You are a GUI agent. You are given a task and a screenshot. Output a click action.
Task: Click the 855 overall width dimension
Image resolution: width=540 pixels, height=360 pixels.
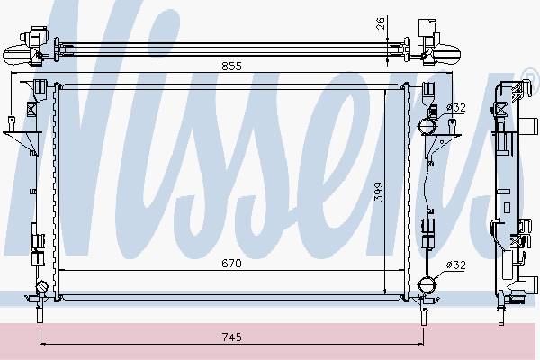point(232,66)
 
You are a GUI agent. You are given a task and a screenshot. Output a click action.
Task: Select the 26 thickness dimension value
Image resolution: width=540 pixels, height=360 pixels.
point(380,23)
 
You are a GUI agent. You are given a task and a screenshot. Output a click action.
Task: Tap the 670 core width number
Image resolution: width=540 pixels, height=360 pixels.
point(231,264)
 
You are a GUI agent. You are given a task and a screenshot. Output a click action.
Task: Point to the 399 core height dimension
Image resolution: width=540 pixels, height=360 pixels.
point(378,193)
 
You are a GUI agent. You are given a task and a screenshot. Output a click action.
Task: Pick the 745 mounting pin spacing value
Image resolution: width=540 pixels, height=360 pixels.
point(232,337)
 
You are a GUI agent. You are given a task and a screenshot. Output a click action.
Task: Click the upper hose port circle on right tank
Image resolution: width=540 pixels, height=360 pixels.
point(427,126)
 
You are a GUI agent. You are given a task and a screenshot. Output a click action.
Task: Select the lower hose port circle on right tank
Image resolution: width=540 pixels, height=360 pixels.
point(427,284)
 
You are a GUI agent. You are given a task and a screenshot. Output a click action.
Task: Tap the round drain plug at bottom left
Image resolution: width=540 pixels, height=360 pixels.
point(42,286)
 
